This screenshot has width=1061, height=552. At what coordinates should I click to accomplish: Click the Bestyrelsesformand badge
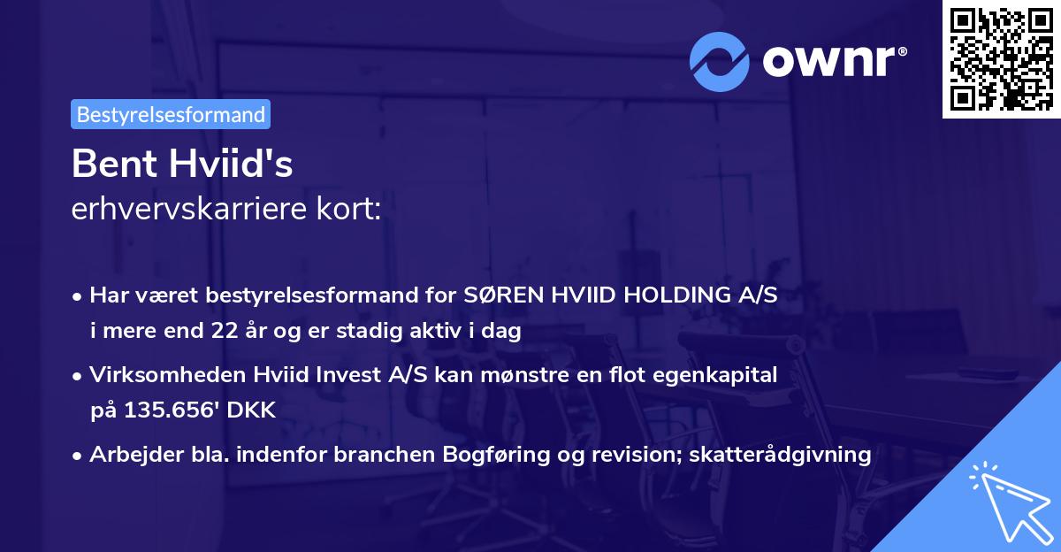pos(171,114)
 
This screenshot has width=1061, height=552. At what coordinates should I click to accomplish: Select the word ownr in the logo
pos(834,60)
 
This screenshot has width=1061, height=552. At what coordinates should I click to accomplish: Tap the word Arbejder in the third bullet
pos(129,455)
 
